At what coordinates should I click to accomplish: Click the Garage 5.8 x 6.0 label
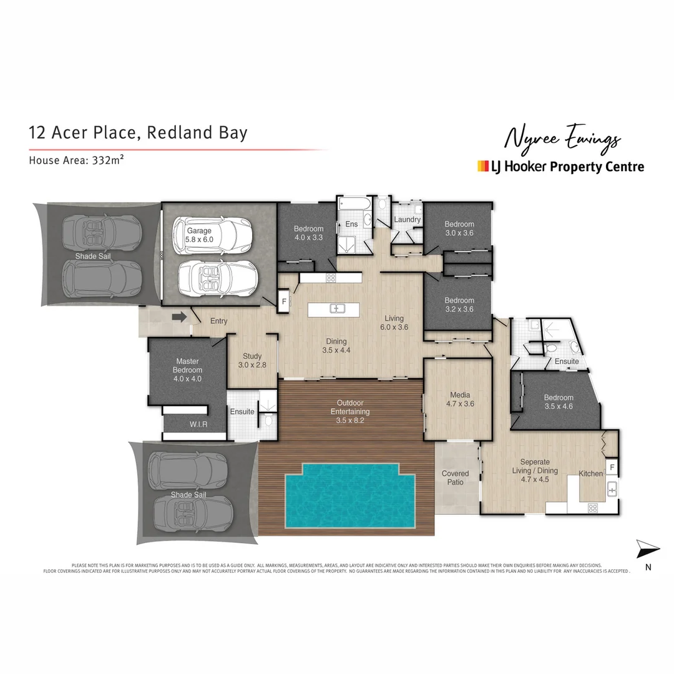tap(200, 235)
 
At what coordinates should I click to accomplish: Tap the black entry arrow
tap(180, 318)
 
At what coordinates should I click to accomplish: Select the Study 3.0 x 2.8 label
tap(252, 361)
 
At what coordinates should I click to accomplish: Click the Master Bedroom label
tap(187, 370)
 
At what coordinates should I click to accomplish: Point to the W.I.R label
tap(198, 425)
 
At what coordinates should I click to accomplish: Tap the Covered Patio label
tap(455, 478)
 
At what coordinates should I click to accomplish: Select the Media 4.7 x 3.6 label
tap(460, 399)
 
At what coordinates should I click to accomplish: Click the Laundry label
tap(408, 220)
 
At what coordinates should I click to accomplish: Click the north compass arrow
tap(647, 550)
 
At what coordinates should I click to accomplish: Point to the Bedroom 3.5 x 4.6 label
tap(558, 402)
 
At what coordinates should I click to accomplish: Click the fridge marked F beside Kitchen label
tap(612, 467)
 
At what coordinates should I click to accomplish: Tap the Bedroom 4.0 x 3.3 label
tap(309, 233)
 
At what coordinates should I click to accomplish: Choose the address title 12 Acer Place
tap(138, 132)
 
